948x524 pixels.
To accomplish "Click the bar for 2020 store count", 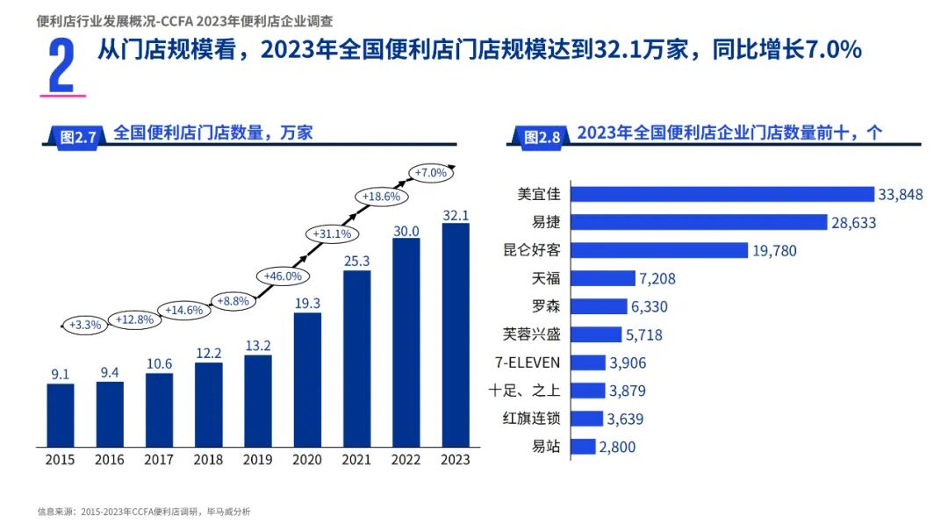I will pos(307,379).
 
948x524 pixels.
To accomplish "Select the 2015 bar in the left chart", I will pos(61,414).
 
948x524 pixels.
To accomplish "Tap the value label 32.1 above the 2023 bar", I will pos(456,215).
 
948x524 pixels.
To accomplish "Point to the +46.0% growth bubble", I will pos(283,276).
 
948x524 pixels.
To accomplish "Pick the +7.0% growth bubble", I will pos(431,173).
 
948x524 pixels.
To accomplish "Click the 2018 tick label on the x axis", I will pos(208,460).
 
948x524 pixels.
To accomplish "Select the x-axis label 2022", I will pos(406,460).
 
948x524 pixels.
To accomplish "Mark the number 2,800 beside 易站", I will pos(617,447).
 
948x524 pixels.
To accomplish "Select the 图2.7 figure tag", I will pos(77,136).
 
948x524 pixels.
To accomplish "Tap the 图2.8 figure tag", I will pos(541,136).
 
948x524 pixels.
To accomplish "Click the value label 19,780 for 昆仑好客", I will pos(774,251).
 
